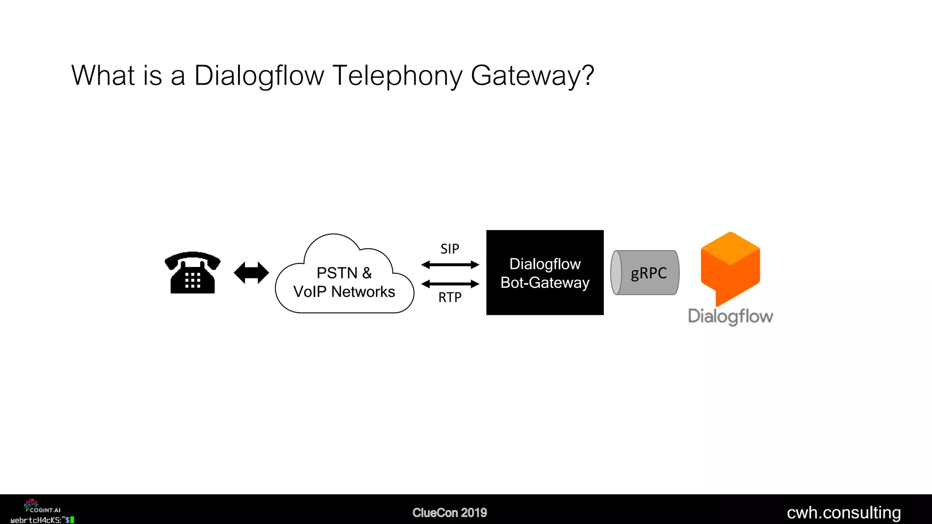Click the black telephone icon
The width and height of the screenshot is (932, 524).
pos(192,273)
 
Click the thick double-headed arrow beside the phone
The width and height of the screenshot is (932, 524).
pos(251,273)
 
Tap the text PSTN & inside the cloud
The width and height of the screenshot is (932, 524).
pos(344,273)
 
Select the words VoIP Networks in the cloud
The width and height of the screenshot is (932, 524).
pos(344,292)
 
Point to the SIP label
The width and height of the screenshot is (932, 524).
pos(450,249)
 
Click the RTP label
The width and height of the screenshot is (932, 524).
pos(450,297)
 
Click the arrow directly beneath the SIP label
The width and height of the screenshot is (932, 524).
pos(450,265)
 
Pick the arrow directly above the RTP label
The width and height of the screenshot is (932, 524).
pos(450,284)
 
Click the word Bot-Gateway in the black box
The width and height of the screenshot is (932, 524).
pos(545,283)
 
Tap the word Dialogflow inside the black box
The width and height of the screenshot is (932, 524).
pos(545,264)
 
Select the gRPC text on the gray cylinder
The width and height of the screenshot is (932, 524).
pos(648,273)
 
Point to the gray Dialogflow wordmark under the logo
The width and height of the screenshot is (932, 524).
pos(730,316)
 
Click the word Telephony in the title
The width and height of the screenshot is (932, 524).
pos(397,76)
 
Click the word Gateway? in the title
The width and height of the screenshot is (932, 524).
pos(532,76)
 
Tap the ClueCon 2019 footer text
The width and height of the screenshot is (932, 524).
pos(450,513)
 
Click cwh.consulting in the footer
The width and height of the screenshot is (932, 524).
pos(844,513)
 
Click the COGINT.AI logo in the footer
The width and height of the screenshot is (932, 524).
pos(42,507)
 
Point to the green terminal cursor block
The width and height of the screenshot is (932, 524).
pos(72,520)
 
